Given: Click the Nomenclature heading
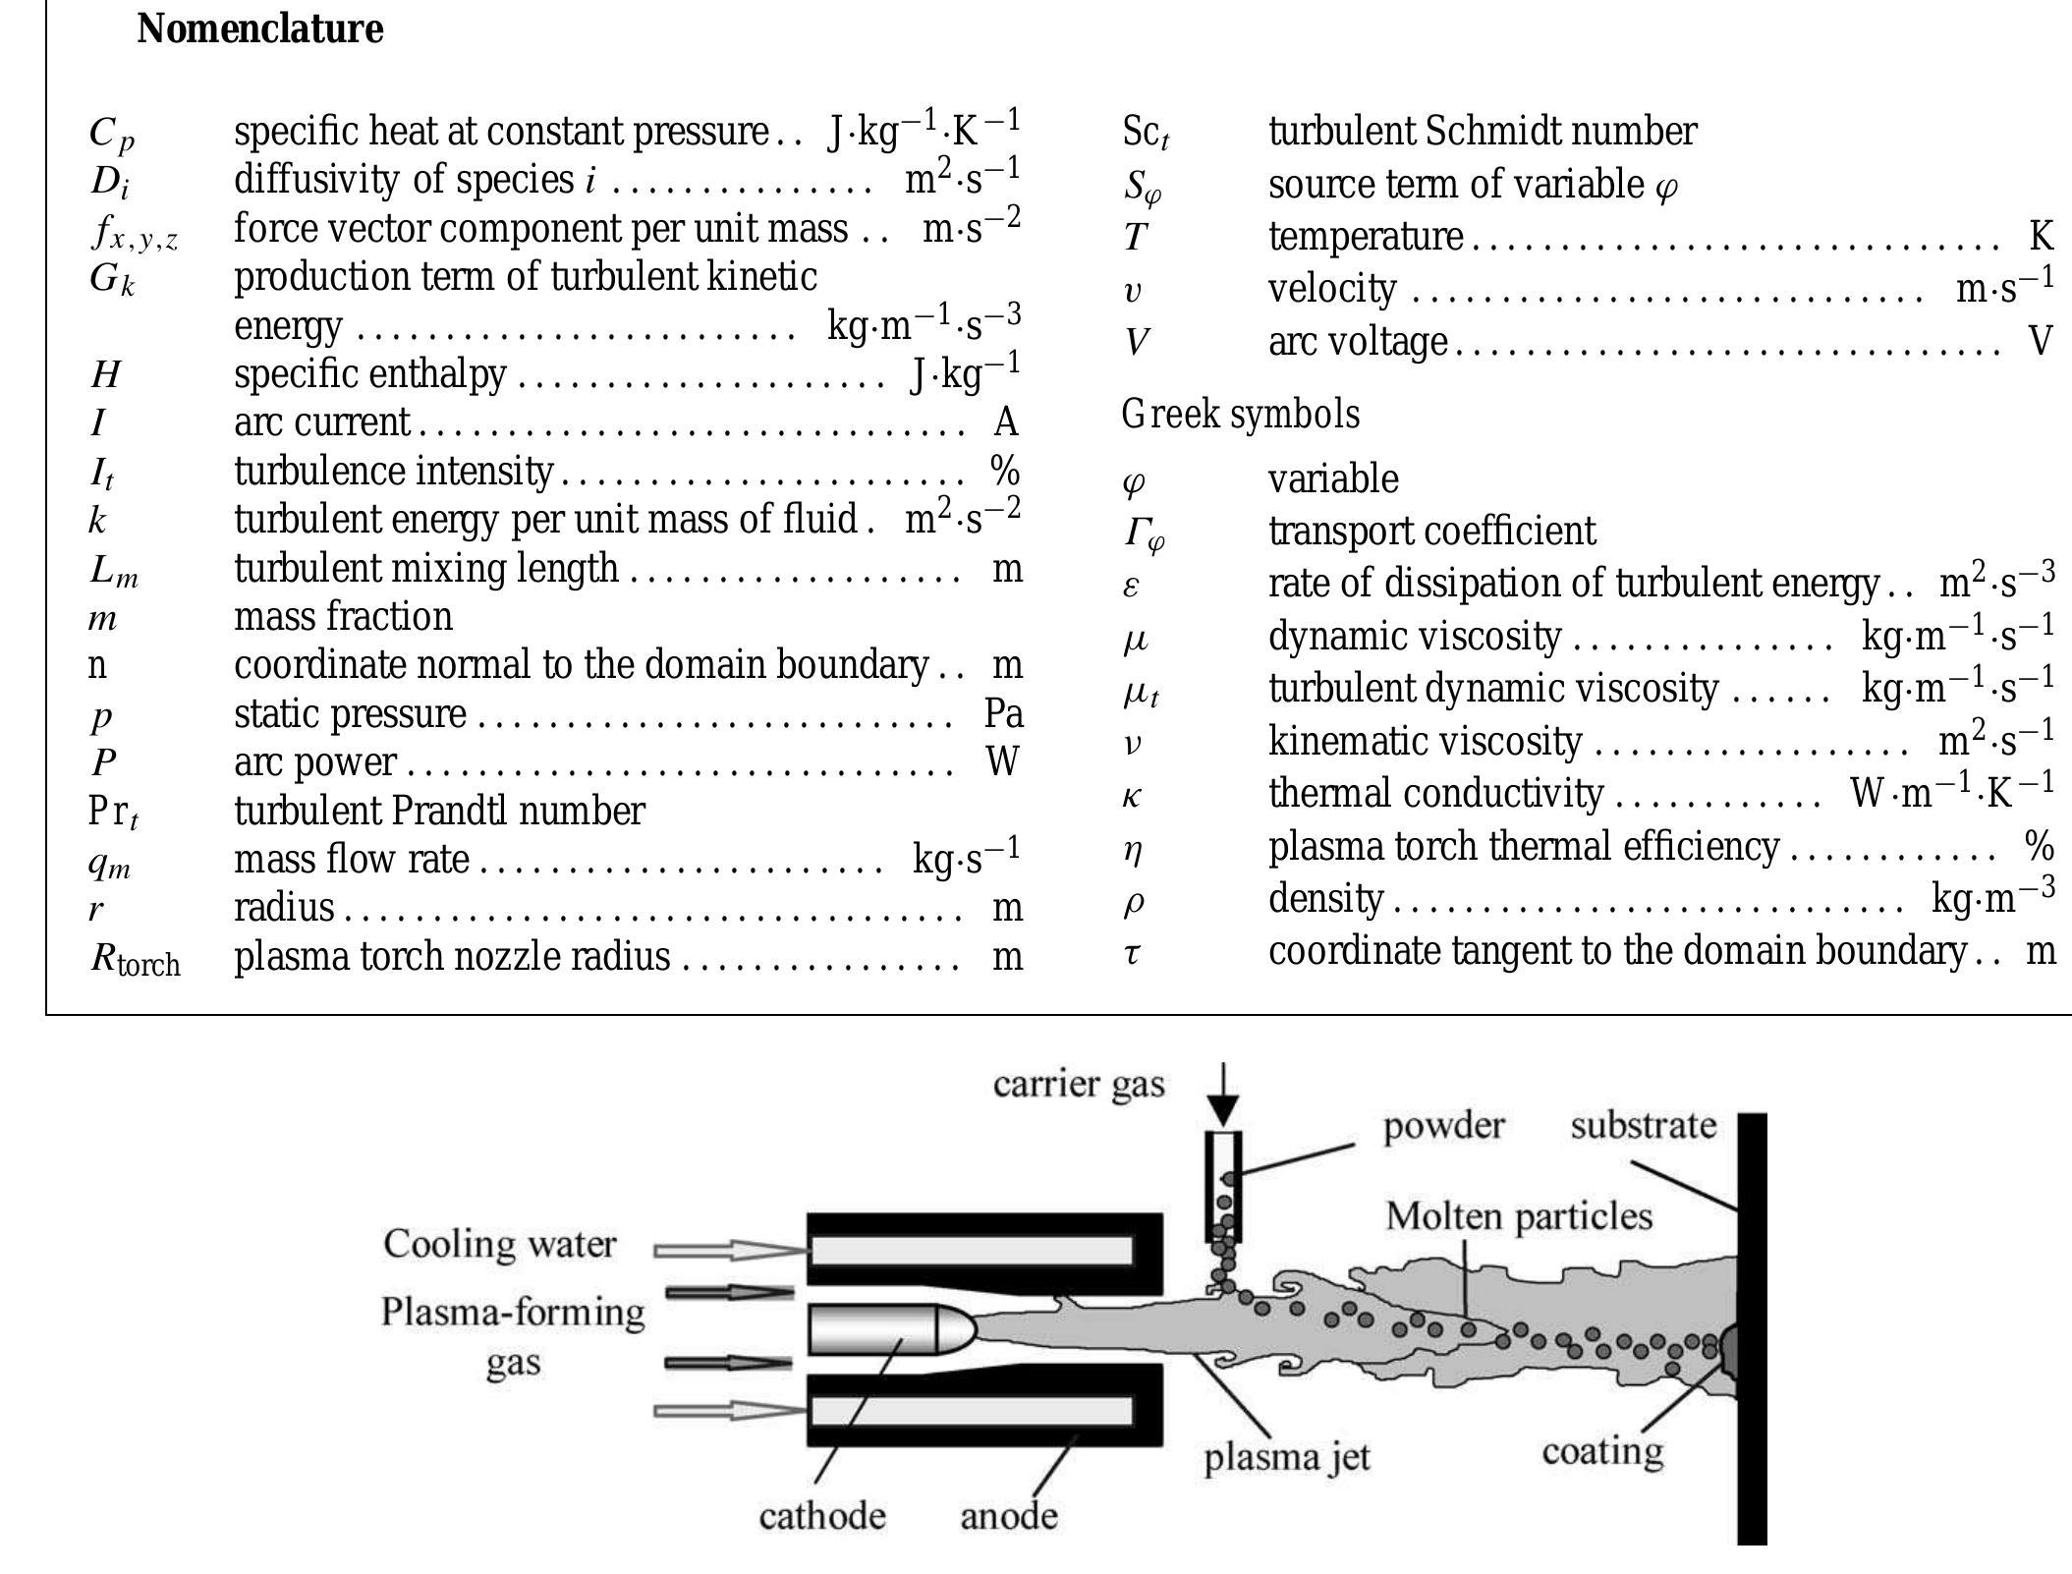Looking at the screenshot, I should pos(259,28).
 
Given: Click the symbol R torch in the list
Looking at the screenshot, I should pos(136,958).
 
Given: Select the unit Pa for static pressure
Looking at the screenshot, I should pos(1003,713).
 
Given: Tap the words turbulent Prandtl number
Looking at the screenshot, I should pos(439,811).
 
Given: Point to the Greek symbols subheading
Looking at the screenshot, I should pos(1240,414).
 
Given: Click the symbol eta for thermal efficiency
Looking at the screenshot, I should pos(1133,848).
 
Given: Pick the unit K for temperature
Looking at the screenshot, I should pos(2041,236).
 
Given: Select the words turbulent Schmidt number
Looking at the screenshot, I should pos(1482,131).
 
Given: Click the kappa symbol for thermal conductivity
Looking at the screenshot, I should pos(1132,795).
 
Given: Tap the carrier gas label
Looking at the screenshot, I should pos(1078,1084).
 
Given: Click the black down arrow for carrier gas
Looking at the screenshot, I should pos(1223,1096).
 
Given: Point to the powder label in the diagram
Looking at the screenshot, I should pos(1443,1125).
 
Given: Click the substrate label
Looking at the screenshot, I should pos(1643,1125).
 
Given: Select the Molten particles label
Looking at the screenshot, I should pos(1519,1216).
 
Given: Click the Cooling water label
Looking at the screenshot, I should pos(499,1244).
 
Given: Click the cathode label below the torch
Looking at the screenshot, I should pos(821,1515).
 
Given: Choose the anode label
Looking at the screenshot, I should pos(1009,1515).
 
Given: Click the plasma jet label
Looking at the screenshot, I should pos(1286,1456).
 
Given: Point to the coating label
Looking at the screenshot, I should pos(1602,1450).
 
